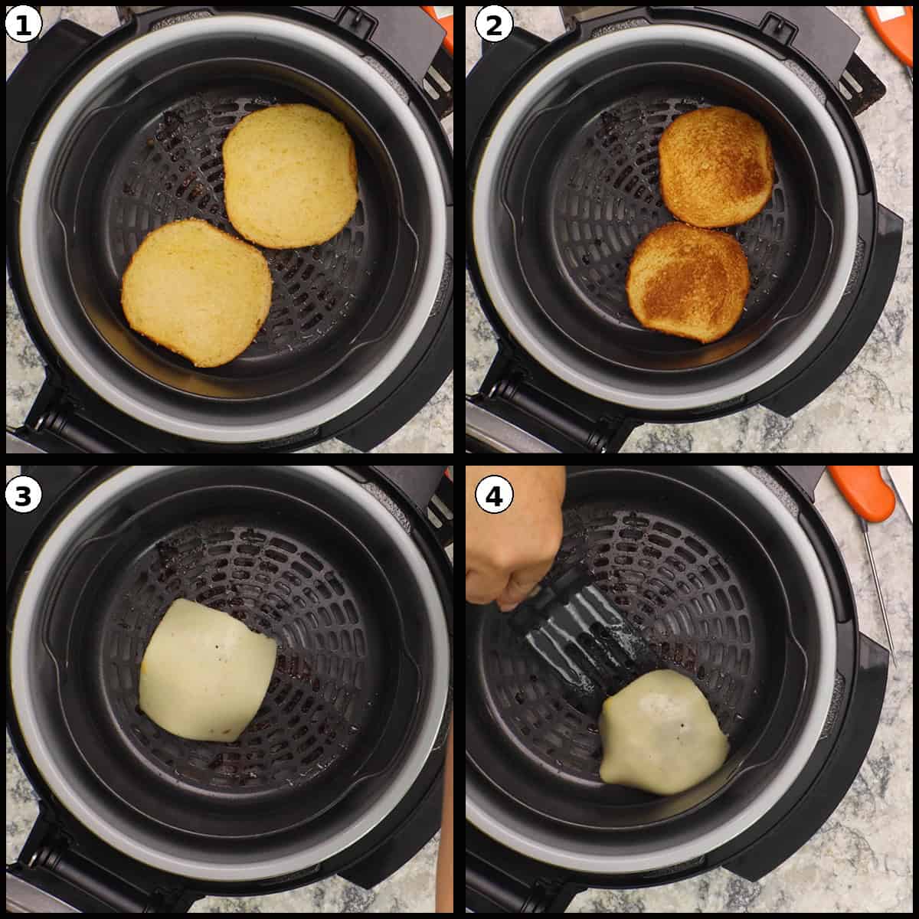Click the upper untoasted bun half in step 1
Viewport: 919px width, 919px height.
[x=290, y=175]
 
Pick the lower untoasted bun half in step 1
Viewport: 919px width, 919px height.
[x=197, y=292]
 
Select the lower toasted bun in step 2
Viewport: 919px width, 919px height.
[x=688, y=282]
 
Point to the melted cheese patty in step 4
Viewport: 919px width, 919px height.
[x=662, y=728]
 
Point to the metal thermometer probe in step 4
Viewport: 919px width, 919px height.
[x=881, y=590]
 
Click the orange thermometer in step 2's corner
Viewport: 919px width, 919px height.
[x=892, y=31]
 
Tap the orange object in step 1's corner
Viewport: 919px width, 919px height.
[x=445, y=27]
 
